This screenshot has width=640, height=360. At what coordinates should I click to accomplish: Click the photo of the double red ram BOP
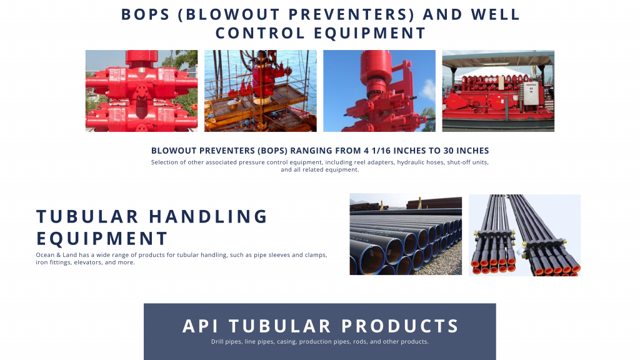click(x=142, y=91)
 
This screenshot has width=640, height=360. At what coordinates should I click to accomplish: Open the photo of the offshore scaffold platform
click(x=261, y=91)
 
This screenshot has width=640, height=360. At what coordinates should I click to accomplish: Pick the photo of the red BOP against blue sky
click(x=379, y=91)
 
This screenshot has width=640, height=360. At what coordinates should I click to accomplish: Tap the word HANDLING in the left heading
click(x=208, y=217)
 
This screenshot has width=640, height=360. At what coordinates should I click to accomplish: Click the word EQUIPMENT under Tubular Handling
click(x=102, y=238)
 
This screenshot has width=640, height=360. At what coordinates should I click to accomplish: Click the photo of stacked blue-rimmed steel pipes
click(x=406, y=234)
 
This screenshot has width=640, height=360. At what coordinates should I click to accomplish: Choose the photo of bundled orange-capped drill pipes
click(x=524, y=235)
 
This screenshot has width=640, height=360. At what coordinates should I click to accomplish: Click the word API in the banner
click(x=200, y=326)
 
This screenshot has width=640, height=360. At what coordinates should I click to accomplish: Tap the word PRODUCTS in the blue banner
click(x=401, y=326)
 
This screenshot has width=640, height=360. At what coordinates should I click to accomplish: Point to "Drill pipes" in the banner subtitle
click(x=226, y=342)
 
